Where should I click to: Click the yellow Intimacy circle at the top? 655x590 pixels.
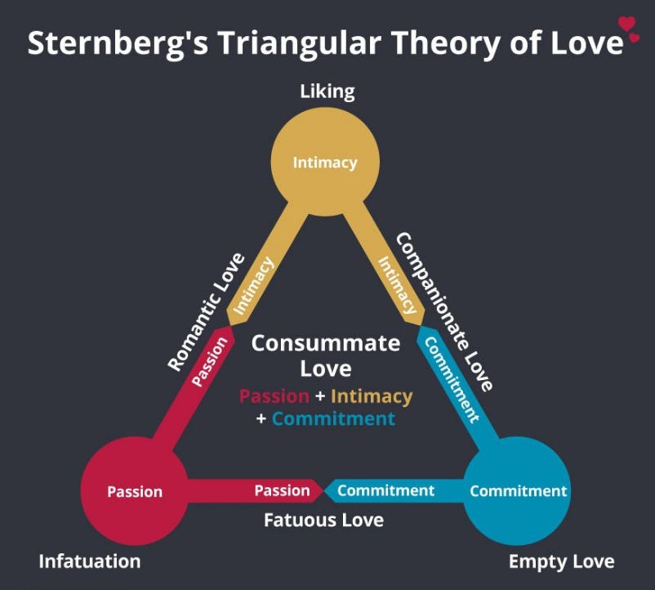click(x=325, y=162)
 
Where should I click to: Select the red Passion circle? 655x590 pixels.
click(x=135, y=491)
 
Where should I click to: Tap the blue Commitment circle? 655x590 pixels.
click(x=518, y=491)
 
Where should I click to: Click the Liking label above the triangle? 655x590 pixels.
click(x=327, y=90)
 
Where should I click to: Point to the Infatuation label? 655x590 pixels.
click(x=90, y=561)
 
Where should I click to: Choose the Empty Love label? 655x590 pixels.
click(x=561, y=561)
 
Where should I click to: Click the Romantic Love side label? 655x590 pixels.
click(x=206, y=312)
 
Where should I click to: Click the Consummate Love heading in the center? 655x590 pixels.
click(x=325, y=355)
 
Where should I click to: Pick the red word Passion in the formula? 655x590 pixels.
click(x=274, y=396)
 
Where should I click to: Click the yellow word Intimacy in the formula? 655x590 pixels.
click(x=372, y=396)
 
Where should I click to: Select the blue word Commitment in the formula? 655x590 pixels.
click(x=333, y=418)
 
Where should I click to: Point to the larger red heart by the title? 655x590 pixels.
click(x=626, y=23)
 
